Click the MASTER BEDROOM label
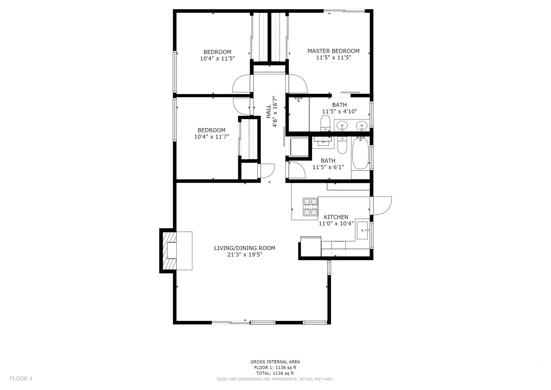333,51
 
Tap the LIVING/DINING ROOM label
245,248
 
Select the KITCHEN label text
336,217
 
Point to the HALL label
269,111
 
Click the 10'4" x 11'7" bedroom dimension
212,137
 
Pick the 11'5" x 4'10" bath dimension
339,111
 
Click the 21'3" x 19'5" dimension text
245,254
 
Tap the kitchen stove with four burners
311,207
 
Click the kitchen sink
362,230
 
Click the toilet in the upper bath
325,123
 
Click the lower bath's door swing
296,170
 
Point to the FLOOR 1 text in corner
21,379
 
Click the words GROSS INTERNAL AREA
275,362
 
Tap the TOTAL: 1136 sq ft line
275,373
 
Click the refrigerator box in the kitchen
311,247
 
